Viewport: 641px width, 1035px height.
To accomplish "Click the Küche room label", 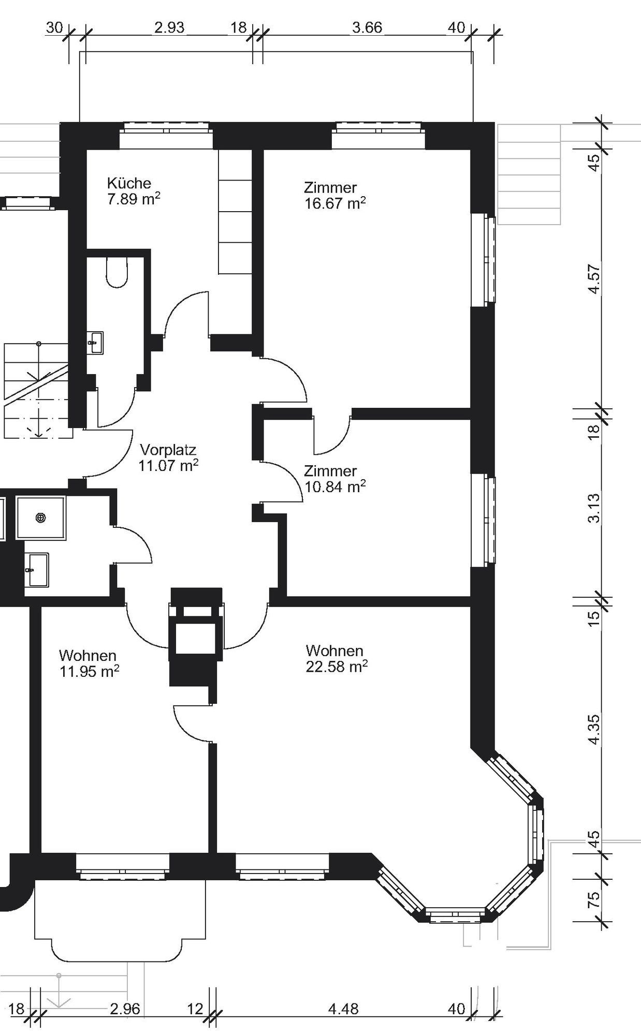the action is tap(129, 183).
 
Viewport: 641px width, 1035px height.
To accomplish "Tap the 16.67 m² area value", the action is tap(335, 203).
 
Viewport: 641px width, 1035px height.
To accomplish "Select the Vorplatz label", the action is tap(168, 449).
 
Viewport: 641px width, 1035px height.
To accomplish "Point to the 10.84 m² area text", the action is tap(335, 486).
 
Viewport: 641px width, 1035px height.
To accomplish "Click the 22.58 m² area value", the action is tap(337, 667).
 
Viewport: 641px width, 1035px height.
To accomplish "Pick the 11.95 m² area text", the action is tap(89, 672).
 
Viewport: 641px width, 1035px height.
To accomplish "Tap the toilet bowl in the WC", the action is tap(116, 272).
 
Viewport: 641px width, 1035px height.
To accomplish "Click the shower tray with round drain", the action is tap(41, 517).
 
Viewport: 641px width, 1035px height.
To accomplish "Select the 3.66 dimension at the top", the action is tap(367, 27).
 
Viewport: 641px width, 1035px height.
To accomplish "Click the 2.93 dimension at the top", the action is tap(169, 27).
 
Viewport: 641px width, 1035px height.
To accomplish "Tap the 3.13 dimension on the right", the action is tap(594, 508).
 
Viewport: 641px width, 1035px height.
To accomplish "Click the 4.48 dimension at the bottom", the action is tap(343, 1009).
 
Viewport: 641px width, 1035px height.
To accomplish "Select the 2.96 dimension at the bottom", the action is tap(125, 1009).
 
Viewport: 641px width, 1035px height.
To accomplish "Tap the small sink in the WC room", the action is tap(95, 343).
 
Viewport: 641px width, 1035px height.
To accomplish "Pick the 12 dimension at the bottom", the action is tap(195, 1009).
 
